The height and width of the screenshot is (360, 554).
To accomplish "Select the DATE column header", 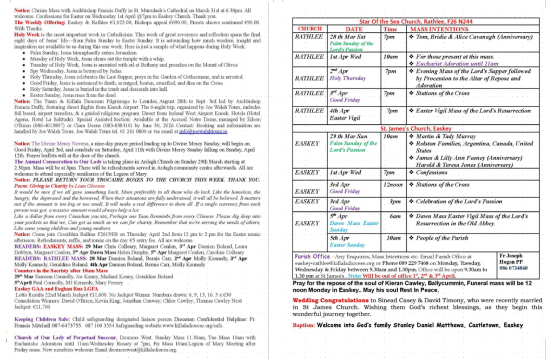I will pyautogui.click(x=354, y=29).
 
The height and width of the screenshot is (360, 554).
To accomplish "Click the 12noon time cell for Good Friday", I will pyautogui.click(x=393, y=184).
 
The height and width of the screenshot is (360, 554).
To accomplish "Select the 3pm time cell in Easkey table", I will pyautogui.click(x=395, y=201).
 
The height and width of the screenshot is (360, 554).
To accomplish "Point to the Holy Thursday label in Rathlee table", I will pyautogui.click(x=347, y=78).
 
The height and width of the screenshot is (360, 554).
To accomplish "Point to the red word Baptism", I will pyautogui.click(x=304, y=325).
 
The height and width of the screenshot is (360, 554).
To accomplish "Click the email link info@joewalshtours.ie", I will pyautogui.click(x=202, y=131).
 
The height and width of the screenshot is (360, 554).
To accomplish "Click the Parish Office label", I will pyautogui.click(x=311, y=256).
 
